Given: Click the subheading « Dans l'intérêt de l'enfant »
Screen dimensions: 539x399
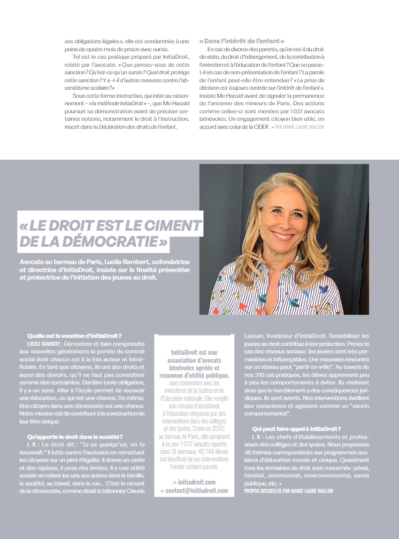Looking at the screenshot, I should (242, 41).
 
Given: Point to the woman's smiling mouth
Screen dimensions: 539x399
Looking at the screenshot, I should (283, 235).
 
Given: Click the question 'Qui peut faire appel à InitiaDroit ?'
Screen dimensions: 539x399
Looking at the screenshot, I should (296, 429).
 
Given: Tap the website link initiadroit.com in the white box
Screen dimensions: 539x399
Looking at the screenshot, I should (194, 482).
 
